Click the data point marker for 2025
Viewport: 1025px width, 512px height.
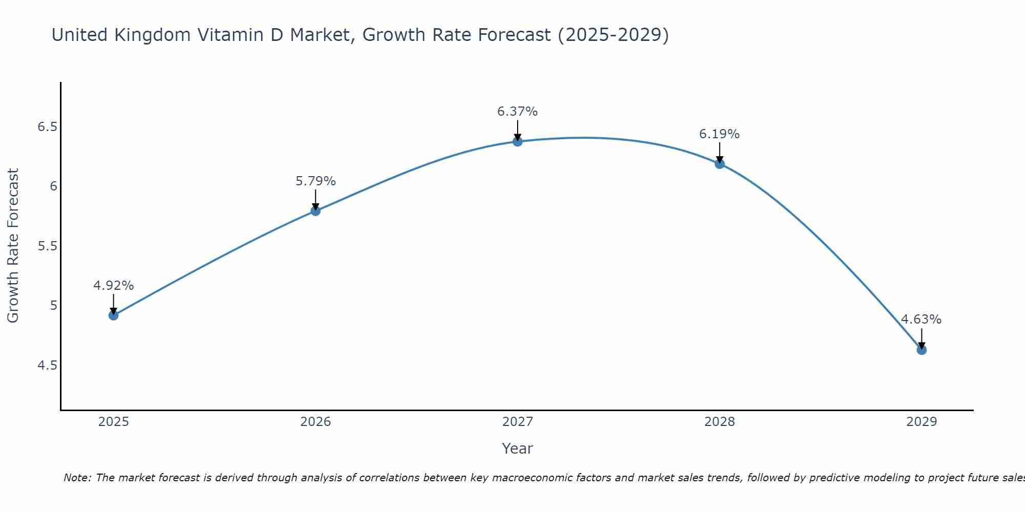click(x=114, y=315)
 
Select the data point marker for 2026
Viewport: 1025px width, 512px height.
click(x=316, y=210)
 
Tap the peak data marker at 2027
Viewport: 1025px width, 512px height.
click(x=518, y=141)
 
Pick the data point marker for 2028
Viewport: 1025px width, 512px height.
click(x=720, y=164)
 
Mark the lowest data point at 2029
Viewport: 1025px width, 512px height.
click(x=921, y=350)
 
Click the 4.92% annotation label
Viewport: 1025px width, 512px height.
click(x=114, y=286)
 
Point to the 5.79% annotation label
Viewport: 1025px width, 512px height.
click(x=316, y=181)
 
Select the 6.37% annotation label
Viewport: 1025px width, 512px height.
click(x=518, y=112)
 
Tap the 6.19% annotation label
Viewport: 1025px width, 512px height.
click(x=720, y=134)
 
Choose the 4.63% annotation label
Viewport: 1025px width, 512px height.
click(x=921, y=319)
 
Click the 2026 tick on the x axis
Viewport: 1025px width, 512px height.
click(x=316, y=422)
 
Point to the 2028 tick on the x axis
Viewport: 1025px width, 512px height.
click(x=720, y=422)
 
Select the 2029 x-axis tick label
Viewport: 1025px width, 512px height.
click(x=921, y=422)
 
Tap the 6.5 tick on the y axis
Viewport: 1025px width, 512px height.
click(x=47, y=126)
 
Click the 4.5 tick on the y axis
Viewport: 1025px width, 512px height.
click(x=47, y=366)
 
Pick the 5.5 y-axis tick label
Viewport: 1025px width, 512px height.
click(x=47, y=246)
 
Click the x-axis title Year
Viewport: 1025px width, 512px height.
click(x=518, y=449)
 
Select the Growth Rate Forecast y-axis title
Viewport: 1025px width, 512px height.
click(x=13, y=246)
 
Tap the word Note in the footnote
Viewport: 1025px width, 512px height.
click(x=77, y=478)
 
